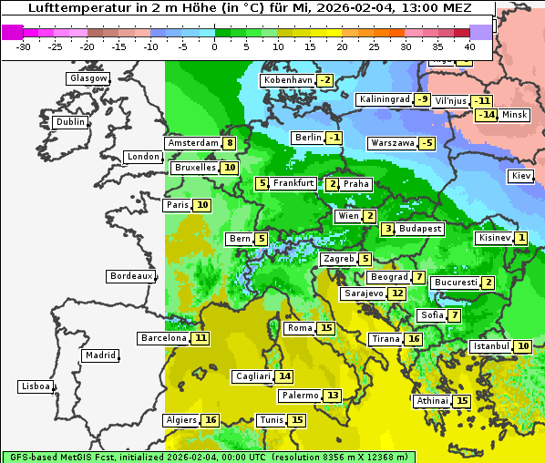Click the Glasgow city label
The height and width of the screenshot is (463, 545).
(88, 78)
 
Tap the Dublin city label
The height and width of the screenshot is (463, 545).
(69, 122)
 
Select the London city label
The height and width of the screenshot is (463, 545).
(143, 157)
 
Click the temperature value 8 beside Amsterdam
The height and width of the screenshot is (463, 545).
(230, 143)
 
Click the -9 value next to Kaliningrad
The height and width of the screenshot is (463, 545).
(422, 99)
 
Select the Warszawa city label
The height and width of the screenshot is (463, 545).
(392, 143)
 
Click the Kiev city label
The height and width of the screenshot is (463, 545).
(521, 176)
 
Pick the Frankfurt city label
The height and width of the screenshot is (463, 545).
(293, 183)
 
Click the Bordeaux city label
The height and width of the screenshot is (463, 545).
(130, 276)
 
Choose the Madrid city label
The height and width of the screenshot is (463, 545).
(99, 355)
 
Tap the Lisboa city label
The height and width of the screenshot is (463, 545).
(35, 386)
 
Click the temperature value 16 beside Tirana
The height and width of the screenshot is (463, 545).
(414, 339)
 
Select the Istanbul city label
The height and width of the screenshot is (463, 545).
(490, 346)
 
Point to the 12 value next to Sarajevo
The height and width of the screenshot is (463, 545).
(396, 293)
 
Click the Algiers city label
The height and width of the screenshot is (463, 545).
(181, 420)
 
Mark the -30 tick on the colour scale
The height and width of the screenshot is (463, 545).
(24, 46)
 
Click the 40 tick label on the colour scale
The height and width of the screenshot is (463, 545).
(469, 46)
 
